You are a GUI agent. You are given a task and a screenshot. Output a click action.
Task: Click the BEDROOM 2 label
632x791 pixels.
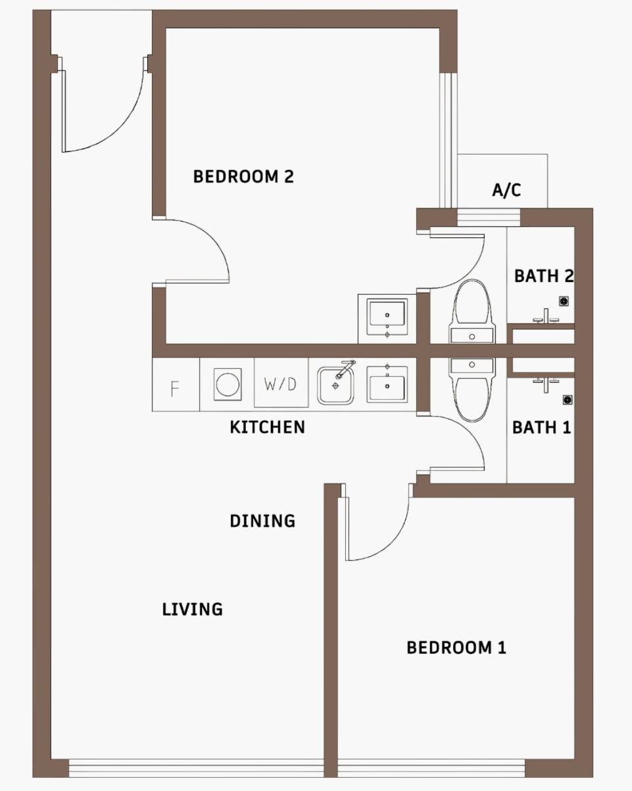pyautogui.click(x=243, y=176)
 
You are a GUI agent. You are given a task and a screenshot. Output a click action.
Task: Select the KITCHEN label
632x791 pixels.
pyautogui.click(x=267, y=427)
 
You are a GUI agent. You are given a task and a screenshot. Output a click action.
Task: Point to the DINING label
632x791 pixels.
pyautogui.click(x=262, y=521)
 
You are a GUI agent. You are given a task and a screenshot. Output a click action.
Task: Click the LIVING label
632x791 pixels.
pyautogui.click(x=192, y=609)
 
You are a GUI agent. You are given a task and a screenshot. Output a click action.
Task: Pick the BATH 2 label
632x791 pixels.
pyautogui.click(x=544, y=276)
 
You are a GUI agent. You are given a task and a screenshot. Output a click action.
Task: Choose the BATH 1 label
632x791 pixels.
pyautogui.click(x=541, y=427)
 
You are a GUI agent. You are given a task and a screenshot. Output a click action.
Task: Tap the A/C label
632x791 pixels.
pyautogui.click(x=506, y=189)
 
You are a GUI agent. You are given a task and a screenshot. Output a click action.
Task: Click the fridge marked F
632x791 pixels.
pyautogui.click(x=176, y=384)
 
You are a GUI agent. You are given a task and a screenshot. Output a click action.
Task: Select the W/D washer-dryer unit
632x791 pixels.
pyautogui.click(x=281, y=383)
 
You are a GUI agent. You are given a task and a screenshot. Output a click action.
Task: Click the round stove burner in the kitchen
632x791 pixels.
pyautogui.click(x=228, y=385)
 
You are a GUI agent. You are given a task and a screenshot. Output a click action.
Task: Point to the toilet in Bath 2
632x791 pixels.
pyautogui.click(x=472, y=312)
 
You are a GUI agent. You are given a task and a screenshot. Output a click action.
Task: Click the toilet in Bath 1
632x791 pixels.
pyautogui.click(x=472, y=390)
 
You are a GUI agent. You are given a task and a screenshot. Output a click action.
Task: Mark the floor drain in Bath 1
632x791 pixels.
pyautogui.click(x=568, y=400)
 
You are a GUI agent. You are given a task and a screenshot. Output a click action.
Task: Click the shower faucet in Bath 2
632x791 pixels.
pyautogui.click(x=546, y=316)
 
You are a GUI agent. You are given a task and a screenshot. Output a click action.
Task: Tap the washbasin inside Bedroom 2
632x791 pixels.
pyautogui.click(x=387, y=318)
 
